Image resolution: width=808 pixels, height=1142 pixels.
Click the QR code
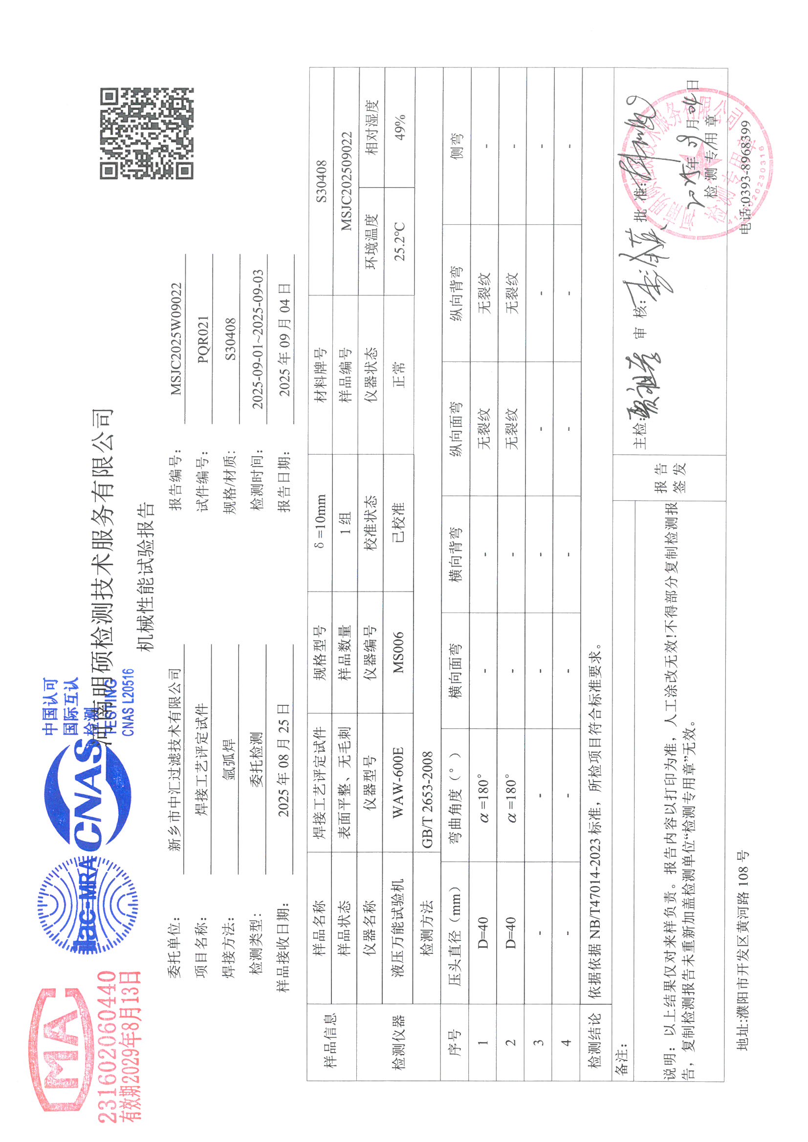[146, 133]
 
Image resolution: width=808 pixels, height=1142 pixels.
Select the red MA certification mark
[62, 1050]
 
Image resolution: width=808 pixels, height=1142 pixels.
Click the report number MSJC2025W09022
[176, 338]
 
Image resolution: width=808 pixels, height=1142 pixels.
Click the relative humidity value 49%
[400, 127]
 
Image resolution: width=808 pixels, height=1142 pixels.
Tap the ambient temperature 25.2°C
[400, 241]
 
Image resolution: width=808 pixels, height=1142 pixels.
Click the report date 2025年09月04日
[284, 340]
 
